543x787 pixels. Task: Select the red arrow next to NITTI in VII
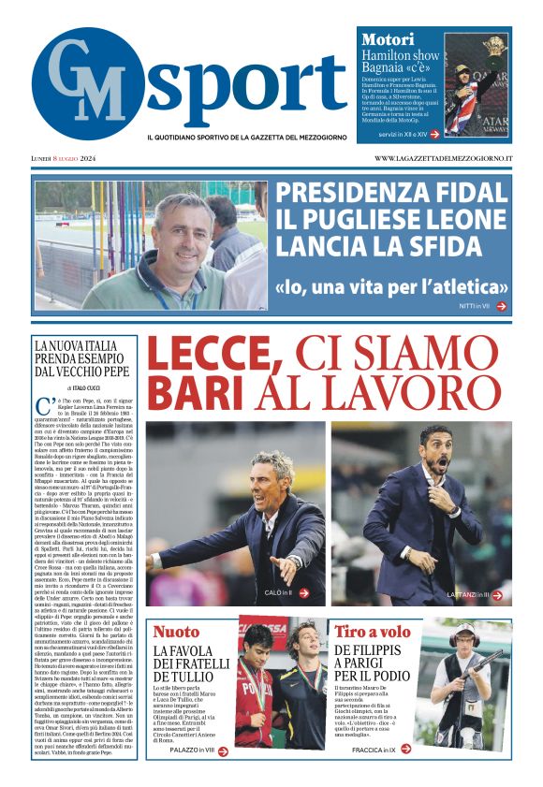pos(501,306)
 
